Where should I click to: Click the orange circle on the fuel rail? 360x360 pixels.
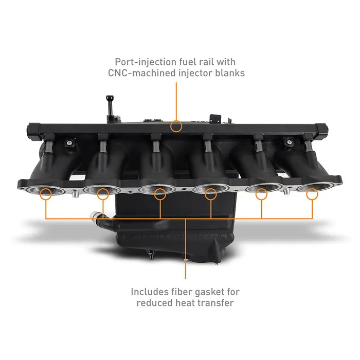[x=176, y=125]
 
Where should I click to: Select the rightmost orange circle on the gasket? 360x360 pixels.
[x=312, y=194]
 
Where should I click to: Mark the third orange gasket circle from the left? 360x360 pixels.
[x=160, y=194]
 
